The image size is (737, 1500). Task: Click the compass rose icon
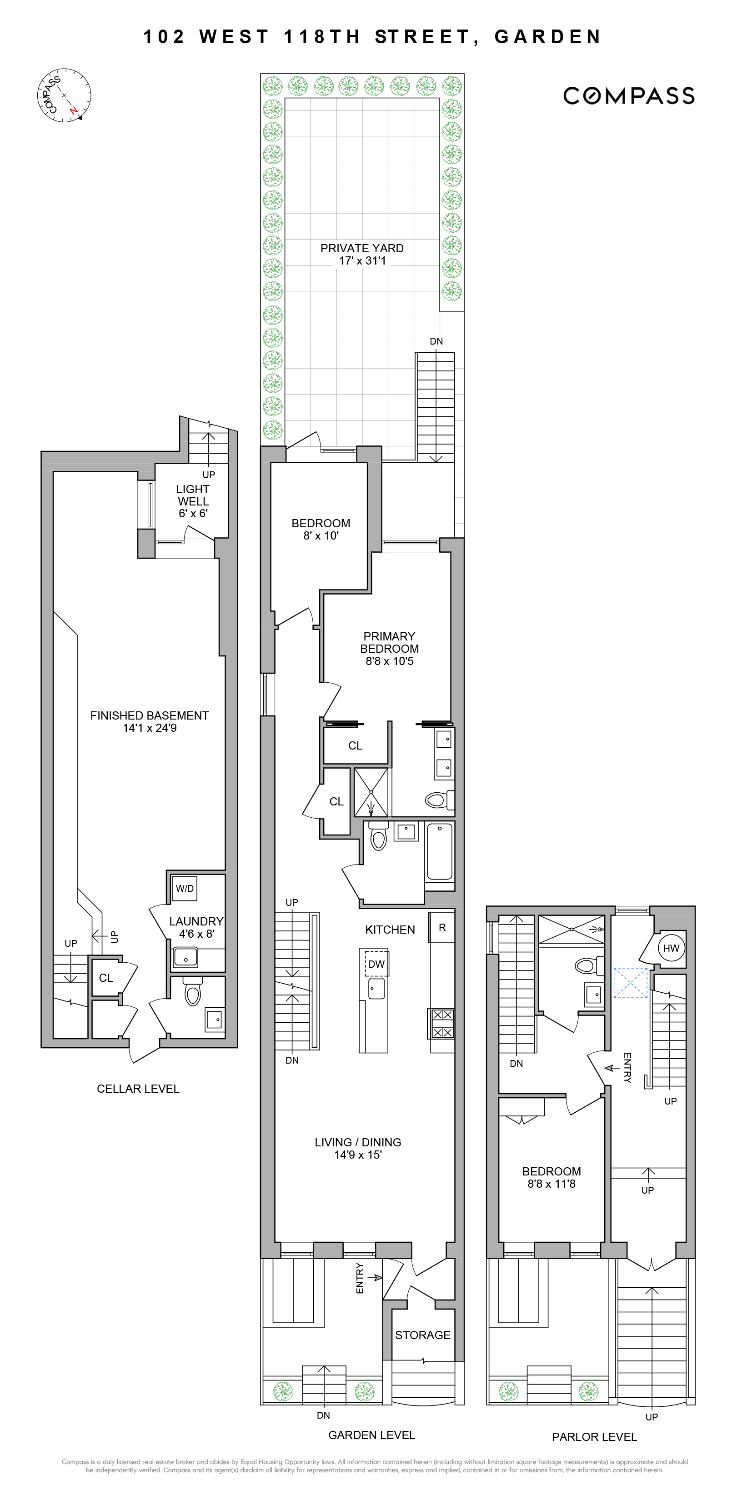(x=64, y=95)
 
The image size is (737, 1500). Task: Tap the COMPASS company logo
(x=628, y=96)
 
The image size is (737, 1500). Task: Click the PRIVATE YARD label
(x=362, y=248)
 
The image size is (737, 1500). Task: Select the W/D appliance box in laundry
(x=185, y=889)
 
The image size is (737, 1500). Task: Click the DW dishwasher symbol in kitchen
(x=376, y=964)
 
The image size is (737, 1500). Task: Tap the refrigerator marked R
(x=441, y=928)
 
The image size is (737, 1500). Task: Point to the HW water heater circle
(x=671, y=948)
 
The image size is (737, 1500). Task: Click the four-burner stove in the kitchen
(x=441, y=1024)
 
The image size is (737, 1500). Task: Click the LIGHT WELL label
(x=193, y=495)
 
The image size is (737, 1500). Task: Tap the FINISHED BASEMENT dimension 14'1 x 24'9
(x=149, y=728)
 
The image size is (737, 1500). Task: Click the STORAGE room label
(x=422, y=1335)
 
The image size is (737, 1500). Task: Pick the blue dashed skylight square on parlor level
(x=630, y=983)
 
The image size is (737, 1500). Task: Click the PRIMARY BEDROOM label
(x=389, y=642)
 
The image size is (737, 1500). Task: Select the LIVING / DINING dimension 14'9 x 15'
(x=358, y=1155)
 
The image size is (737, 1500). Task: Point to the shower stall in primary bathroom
(x=371, y=792)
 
